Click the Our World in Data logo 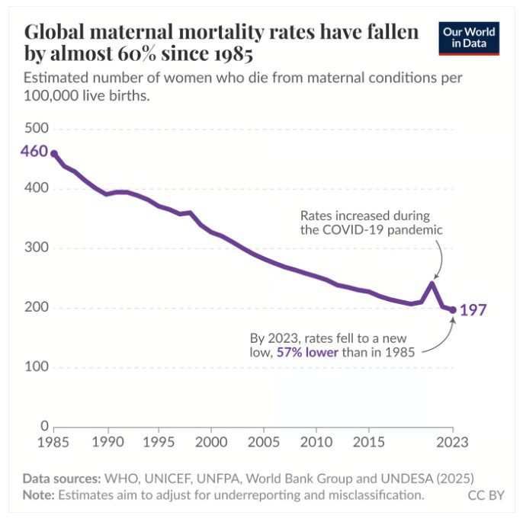(469, 38)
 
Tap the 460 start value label (34, 151)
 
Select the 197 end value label (473, 310)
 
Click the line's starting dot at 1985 (53, 153)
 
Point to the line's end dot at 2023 (453, 310)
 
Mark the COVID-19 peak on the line (432, 284)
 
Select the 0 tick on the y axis (44, 426)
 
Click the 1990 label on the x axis (107, 442)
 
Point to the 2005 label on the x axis (263, 442)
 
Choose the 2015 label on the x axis (368, 442)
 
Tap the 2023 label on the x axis (453, 442)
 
